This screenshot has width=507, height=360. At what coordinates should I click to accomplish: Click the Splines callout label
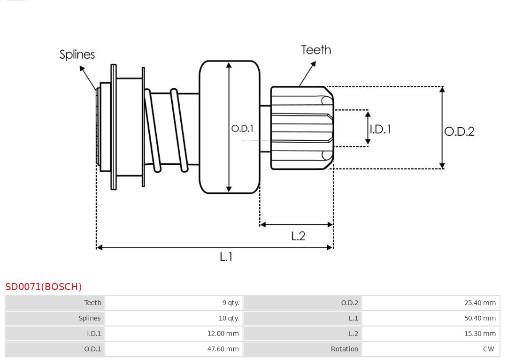77,54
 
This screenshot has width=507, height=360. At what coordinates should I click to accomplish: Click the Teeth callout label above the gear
316,50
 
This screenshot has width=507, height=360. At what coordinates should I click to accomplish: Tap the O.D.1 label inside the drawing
242,128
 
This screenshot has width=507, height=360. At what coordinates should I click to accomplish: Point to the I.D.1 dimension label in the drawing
380,129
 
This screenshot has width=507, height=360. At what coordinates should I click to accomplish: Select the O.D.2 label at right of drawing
459,131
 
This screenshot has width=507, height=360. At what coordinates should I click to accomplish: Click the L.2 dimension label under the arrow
298,236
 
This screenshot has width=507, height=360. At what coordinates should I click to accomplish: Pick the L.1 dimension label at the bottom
226,257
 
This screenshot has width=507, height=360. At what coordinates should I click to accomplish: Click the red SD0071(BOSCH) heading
44,287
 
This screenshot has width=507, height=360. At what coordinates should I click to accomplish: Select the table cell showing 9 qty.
230,303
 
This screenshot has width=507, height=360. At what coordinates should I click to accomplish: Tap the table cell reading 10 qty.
229,318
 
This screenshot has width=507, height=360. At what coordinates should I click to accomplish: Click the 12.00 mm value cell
223,334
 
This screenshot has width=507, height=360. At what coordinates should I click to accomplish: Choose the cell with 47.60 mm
223,349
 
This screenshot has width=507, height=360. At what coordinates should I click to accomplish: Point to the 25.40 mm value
480,303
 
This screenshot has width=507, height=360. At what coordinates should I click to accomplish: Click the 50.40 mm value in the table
480,318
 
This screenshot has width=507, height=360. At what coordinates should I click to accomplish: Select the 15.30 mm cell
480,334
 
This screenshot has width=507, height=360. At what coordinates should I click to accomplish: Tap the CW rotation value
488,349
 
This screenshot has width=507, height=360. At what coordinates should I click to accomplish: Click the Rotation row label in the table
344,349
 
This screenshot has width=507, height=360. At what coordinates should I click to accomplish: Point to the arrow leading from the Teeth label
307,73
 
